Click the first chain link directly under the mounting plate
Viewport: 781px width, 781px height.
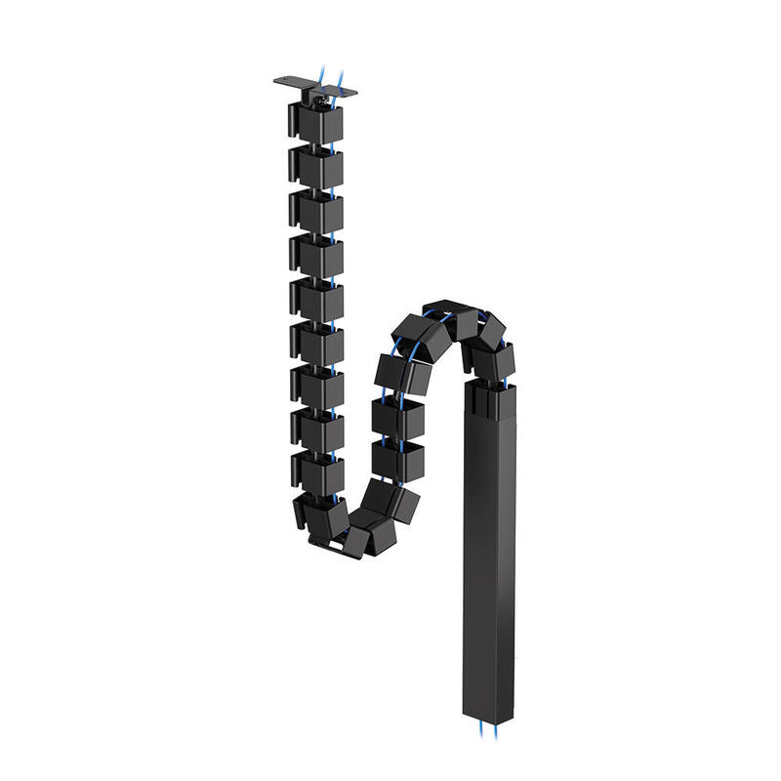point(315,120)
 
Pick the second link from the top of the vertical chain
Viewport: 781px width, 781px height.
point(315,165)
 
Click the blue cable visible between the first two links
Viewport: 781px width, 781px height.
point(333,143)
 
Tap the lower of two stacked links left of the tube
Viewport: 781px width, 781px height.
point(398,459)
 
